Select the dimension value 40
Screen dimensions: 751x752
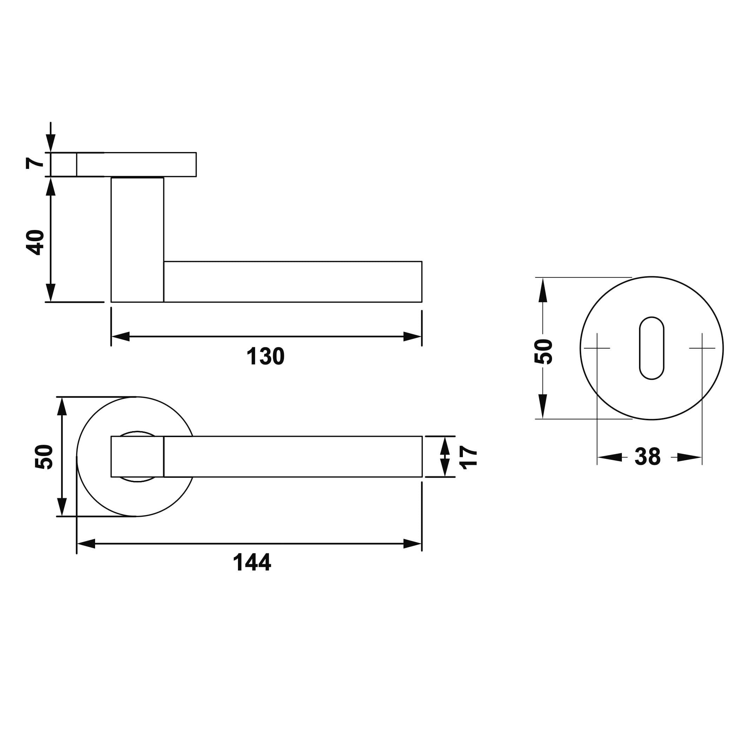(35, 242)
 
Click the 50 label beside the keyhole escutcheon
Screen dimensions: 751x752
(543, 351)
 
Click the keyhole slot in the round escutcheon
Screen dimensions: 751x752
(651, 348)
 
